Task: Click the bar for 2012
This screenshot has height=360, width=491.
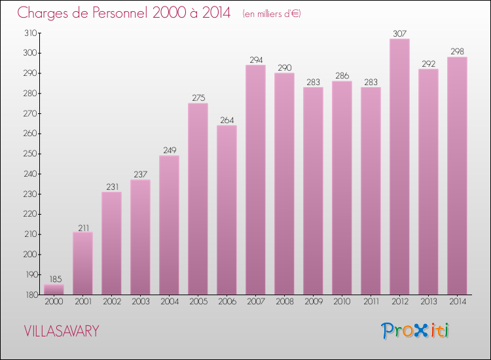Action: coord(399,167)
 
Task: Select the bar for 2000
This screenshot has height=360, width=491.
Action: coord(54,289)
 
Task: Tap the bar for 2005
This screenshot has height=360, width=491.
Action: coord(198,199)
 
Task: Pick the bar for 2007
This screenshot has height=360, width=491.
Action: coord(255,180)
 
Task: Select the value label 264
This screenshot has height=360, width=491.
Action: coord(227,120)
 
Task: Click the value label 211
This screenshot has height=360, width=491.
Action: coord(82,228)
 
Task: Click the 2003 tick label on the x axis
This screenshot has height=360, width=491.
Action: coord(140,302)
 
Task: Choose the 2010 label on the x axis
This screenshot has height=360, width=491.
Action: coord(342,302)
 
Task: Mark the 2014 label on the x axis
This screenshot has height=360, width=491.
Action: coord(457,302)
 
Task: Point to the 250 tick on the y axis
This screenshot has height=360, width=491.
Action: coord(29,154)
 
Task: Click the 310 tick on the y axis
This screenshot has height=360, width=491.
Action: coord(29,33)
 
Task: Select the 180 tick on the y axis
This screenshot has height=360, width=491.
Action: coord(29,295)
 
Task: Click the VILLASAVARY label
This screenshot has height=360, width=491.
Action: coord(62,331)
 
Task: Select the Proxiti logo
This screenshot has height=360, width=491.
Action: coord(416,331)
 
